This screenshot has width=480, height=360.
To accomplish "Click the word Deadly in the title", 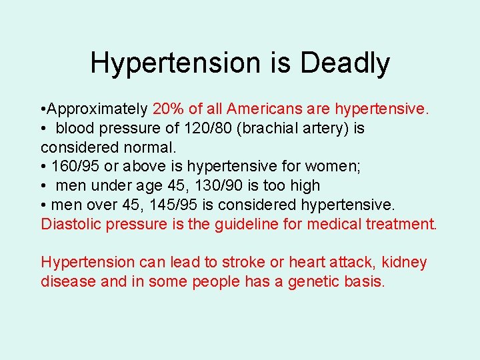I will [x=345, y=63].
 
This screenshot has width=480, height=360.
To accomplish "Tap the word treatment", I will [x=401, y=223].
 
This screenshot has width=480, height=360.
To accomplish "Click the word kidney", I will [x=404, y=262].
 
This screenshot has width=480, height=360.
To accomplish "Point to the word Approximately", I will [x=98, y=109].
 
